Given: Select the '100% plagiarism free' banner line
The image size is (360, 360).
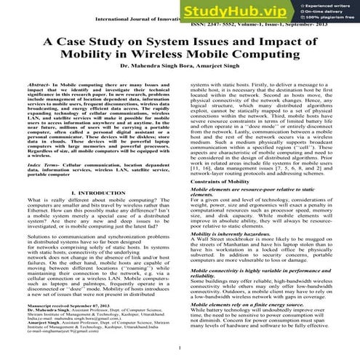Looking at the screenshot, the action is [x=324, y=20].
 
